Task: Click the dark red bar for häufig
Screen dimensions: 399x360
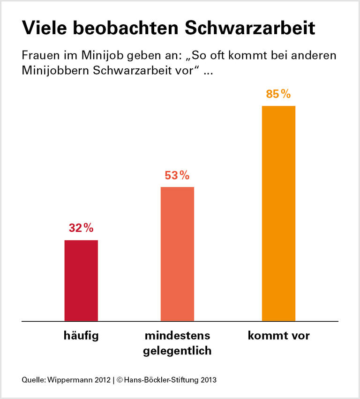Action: (x=81, y=281)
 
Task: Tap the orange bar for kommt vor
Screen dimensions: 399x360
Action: (x=278, y=214)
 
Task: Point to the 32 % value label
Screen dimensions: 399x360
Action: (x=81, y=228)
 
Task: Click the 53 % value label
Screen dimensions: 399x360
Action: (x=177, y=176)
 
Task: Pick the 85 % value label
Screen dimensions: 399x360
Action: (x=278, y=94)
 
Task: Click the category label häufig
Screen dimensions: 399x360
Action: (x=81, y=336)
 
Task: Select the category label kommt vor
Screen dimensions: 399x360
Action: (x=278, y=336)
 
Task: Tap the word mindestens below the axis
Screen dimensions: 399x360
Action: (x=177, y=336)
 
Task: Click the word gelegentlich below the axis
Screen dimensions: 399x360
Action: (x=177, y=350)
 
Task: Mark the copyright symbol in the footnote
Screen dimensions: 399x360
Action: (x=120, y=379)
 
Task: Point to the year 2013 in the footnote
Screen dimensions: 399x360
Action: (x=208, y=379)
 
